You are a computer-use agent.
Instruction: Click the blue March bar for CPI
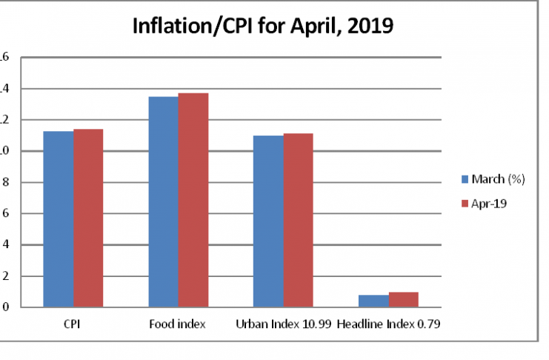click(58, 219)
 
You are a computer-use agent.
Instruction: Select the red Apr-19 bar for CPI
click(88, 218)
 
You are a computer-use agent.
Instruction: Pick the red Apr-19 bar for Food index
click(193, 200)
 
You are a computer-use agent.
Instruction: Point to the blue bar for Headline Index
click(373, 301)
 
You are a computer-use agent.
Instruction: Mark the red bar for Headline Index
click(404, 299)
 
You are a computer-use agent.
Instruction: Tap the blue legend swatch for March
click(465, 179)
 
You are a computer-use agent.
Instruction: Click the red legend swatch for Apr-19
click(465, 202)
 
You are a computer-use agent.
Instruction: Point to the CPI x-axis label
click(73, 324)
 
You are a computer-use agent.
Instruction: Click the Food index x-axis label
click(179, 324)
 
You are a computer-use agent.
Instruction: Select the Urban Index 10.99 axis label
click(283, 324)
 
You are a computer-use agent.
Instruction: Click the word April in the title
click(309, 27)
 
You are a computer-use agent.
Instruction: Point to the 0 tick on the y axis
click(4, 307)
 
